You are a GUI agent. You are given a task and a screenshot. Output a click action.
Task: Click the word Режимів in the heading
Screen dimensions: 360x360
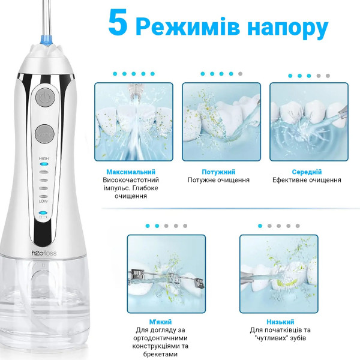click(188, 28)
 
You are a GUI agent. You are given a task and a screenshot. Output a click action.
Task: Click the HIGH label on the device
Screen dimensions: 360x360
click(43, 159)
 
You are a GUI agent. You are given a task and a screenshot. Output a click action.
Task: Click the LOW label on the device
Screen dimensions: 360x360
click(43, 201)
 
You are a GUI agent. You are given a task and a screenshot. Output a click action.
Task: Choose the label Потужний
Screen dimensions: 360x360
click(218, 172)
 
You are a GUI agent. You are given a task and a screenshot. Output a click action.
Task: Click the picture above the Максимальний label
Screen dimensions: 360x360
click(133, 122)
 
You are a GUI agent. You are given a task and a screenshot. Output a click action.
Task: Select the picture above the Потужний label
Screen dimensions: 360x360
click(221, 122)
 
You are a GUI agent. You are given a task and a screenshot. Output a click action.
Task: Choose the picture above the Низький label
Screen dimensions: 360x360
click(278, 273)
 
